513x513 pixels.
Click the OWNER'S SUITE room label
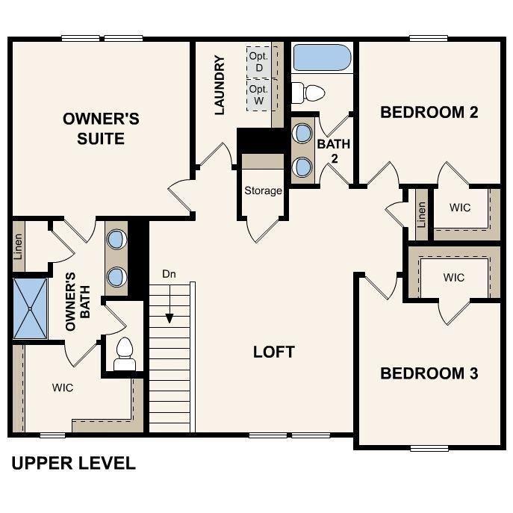coord(101,128)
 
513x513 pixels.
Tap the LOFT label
coord(273,351)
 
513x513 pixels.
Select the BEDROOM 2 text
coord(429,113)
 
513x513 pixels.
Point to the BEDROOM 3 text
coord(429,373)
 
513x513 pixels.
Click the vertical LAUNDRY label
coord(220,85)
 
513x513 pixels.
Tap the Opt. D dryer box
coord(259,62)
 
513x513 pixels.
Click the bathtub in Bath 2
coord(322,57)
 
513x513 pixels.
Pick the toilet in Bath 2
coord(307,93)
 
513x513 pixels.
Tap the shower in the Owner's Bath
coord(30,307)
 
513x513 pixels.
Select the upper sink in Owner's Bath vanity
coord(116,240)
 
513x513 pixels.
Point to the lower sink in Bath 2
coord(303,166)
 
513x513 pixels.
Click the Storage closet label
coord(263,190)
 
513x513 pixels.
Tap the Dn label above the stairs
coord(170,274)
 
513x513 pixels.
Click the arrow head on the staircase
coord(170,318)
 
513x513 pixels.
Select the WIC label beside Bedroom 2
coord(461,207)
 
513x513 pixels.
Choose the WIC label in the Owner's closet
coord(63,388)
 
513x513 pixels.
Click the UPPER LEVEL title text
coord(73,464)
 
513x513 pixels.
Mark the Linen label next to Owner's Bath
coord(19,248)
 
